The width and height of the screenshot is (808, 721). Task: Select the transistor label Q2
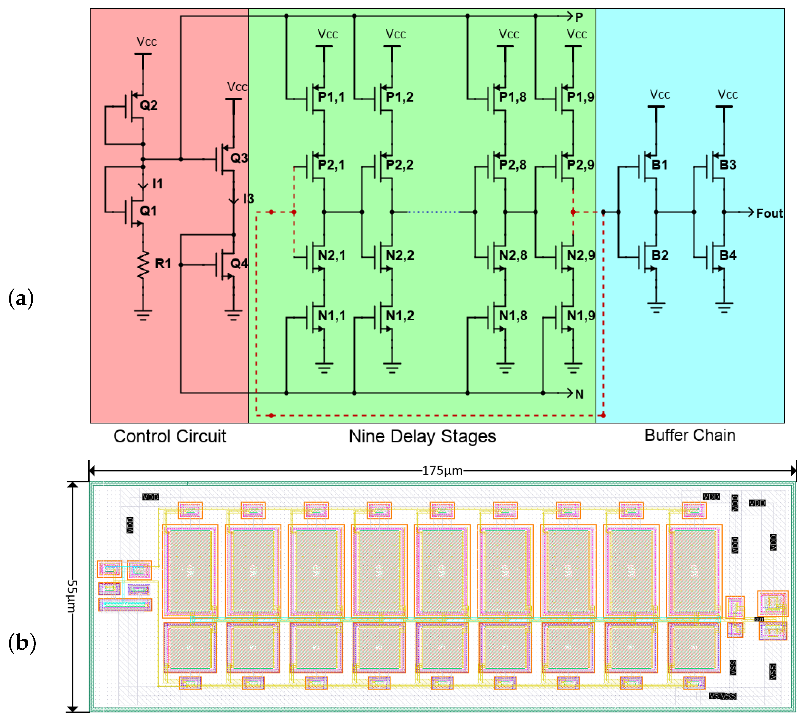149,105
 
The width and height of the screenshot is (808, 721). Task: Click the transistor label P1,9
581,97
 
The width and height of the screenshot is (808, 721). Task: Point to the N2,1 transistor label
332,255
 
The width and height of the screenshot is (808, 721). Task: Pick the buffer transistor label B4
728,255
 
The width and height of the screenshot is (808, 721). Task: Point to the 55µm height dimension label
72,596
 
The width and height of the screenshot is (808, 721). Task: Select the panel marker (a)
21,298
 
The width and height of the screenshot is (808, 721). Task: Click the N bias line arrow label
579,394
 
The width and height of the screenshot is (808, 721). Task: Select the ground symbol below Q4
234,315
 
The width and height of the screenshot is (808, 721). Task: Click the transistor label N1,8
513,316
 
